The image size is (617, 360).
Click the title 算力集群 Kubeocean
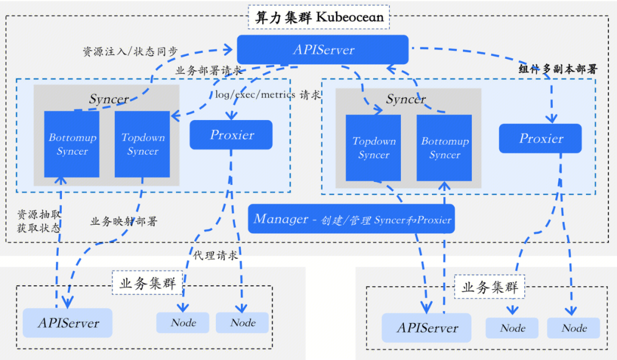click(x=319, y=17)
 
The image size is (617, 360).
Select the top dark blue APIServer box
click(x=323, y=50)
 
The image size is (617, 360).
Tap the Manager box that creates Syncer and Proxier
click(x=351, y=219)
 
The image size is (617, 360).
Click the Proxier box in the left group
click(x=231, y=134)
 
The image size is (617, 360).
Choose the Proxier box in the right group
click(x=540, y=138)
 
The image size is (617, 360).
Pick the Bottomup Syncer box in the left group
click(x=71, y=144)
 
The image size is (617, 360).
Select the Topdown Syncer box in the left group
click(x=142, y=144)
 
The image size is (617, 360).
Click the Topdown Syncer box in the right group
click(x=373, y=148)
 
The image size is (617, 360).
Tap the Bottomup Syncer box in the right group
click(x=444, y=148)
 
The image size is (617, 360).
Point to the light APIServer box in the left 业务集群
click(x=67, y=323)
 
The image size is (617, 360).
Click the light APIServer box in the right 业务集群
click(x=427, y=328)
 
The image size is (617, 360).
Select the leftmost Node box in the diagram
click(x=183, y=323)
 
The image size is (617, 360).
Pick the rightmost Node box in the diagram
click(x=574, y=328)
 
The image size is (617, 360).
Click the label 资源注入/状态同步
click(x=130, y=51)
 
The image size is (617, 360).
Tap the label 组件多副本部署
click(x=558, y=69)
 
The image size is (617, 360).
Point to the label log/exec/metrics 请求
click(x=267, y=95)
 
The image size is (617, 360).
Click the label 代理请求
click(x=215, y=255)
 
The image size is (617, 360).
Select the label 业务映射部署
click(x=123, y=221)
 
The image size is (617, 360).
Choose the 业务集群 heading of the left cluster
click(x=147, y=283)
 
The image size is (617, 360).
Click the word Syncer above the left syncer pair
click(x=109, y=99)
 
